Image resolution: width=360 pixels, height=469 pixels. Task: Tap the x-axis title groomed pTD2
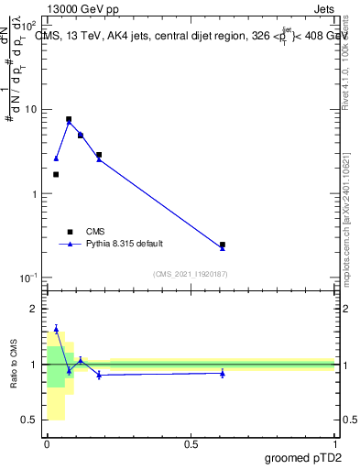302,456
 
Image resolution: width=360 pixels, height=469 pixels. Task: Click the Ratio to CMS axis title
14,364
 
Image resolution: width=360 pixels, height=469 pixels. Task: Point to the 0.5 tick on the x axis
190,442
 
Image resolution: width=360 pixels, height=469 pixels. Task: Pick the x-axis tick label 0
46,442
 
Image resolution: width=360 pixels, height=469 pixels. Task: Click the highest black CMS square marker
69,119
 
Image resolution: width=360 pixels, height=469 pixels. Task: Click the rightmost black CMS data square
223,245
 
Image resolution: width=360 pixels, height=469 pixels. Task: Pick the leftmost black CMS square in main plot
56,174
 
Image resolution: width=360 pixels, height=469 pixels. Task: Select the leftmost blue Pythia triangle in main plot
56,158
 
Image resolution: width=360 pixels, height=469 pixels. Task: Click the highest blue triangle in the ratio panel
56,329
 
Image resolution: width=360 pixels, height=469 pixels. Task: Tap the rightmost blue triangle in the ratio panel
223,373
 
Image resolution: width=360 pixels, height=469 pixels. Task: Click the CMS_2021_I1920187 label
191,274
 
